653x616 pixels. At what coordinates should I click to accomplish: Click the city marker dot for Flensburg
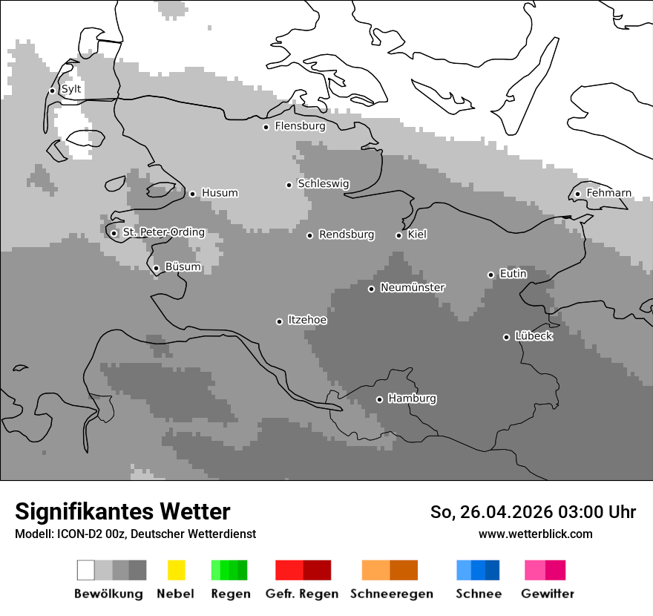tap(266, 127)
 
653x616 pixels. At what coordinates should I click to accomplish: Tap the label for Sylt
tap(71, 90)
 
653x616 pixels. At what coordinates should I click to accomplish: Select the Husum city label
tap(220, 193)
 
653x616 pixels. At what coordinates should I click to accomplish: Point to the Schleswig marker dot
tap(289, 185)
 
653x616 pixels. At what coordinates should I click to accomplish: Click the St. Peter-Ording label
tap(163, 232)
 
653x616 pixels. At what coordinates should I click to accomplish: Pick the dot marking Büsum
tap(156, 269)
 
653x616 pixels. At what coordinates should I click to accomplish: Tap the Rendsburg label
tap(346, 235)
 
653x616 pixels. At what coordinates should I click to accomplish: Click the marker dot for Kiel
tap(398, 235)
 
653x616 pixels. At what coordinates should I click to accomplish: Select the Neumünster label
tap(413, 287)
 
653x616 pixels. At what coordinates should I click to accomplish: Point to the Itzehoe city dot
tap(279, 321)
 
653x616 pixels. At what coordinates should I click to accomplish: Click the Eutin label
tap(513, 274)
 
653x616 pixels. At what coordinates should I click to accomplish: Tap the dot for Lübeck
tap(506, 337)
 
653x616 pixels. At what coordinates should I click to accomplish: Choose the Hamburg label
tap(412, 399)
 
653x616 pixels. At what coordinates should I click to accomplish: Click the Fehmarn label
tap(608, 193)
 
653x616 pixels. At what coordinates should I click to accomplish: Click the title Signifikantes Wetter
tap(122, 511)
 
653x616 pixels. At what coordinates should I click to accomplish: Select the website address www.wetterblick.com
tap(535, 534)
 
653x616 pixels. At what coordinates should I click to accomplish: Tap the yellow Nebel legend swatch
tap(177, 570)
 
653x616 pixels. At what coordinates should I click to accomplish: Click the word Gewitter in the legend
tap(548, 594)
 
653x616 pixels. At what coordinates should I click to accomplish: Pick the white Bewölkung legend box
tap(86, 570)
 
